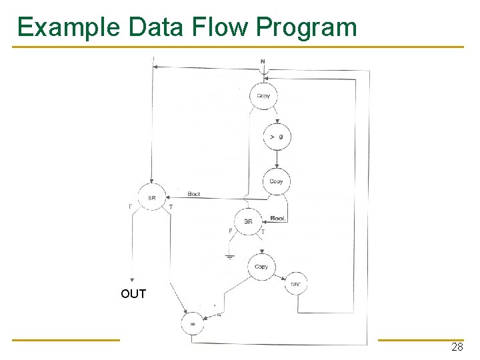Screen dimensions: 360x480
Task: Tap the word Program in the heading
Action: pos(307,27)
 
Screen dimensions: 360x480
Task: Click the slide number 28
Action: pos(457,347)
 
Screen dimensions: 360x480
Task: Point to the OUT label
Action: pos(133,294)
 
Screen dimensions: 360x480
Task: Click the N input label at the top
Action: pos(263,62)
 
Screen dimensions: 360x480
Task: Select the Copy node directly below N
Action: pos(263,96)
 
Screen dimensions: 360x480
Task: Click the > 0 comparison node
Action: pos(276,137)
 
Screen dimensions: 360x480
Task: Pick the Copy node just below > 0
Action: pos(276,181)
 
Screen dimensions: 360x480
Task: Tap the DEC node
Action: pos(296,285)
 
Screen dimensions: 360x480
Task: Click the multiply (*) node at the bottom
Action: pos(193,323)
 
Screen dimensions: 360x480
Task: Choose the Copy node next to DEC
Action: pos(261,267)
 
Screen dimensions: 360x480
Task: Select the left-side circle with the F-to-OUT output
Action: pos(152,197)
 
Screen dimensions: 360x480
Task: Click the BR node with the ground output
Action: pos(248,221)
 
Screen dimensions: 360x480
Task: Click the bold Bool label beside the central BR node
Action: pos(279,219)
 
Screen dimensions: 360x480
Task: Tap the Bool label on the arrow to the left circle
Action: pos(194,194)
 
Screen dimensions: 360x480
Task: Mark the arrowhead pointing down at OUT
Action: pos(133,281)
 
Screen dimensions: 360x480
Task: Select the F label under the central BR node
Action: pos(231,231)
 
